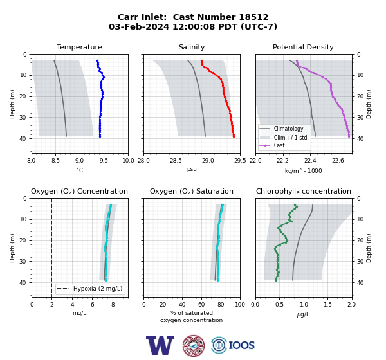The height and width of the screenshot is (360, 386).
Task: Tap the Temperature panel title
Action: click(79, 47)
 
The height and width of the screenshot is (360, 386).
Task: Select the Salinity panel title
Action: click(192, 47)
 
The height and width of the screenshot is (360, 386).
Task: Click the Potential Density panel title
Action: click(303, 47)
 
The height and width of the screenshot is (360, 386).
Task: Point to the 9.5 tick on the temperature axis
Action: click(104, 161)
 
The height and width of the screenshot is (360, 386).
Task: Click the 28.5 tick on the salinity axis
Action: click(176, 161)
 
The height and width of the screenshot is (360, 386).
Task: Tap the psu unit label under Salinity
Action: click(192, 169)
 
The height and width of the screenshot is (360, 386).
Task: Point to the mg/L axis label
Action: click(79, 313)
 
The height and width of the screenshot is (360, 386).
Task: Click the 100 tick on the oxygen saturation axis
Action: click(240, 304)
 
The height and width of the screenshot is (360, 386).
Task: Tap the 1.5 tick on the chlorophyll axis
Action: click(327, 304)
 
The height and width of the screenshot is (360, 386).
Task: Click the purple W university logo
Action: click(160, 345)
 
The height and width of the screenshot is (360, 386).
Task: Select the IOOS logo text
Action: click(242, 345)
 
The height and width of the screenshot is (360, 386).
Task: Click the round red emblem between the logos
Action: click(194, 345)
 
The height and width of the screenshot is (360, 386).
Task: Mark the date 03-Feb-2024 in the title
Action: click(139, 26)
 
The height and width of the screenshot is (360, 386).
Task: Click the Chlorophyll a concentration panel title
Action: click(304, 191)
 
